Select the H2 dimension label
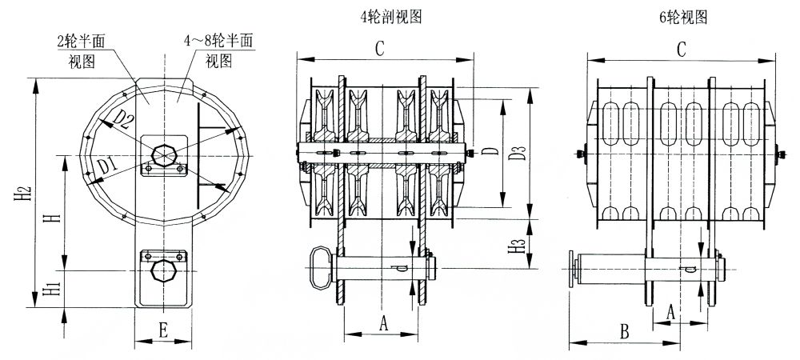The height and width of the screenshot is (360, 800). point(24,193)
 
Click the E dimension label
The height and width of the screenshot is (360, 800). point(163,327)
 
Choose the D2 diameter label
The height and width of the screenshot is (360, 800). point(124,119)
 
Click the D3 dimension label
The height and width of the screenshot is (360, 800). point(518,153)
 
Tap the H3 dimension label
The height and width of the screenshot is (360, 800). point(518,247)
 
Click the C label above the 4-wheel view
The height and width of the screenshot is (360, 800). point(382,49)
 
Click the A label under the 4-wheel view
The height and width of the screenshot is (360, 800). point(382,322)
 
